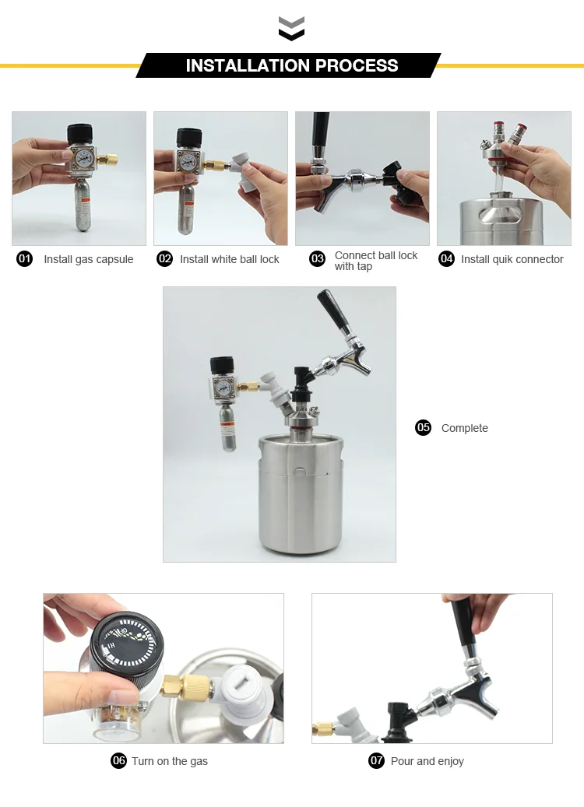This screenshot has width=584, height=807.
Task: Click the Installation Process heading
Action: [x=291, y=65]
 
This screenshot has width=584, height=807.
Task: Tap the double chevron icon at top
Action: [x=291, y=29]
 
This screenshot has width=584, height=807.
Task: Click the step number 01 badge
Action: [x=25, y=259]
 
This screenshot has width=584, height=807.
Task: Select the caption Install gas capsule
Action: [x=88, y=259]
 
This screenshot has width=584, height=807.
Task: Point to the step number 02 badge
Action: [x=164, y=259]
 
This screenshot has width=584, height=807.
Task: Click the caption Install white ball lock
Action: [x=229, y=259]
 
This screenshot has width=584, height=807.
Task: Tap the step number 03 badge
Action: [x=317, y=259]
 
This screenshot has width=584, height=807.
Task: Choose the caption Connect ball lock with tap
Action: [x=375, y=261]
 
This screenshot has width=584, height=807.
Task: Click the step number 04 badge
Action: [x=446, y=259]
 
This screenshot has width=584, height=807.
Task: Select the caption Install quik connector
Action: [x=512, y=259]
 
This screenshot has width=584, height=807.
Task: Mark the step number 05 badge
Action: [x=423, y=427]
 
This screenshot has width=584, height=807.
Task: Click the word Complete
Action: [x=464, y=428]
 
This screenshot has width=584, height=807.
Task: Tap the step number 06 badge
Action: [x=118, y=760]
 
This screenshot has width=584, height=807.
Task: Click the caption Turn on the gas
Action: [x=169, y=761]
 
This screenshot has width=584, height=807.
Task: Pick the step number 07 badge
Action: [x=377, y=760]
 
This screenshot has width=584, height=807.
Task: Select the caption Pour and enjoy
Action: [x=427, y=761]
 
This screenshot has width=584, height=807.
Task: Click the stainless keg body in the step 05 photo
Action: [x=294, y=498]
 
